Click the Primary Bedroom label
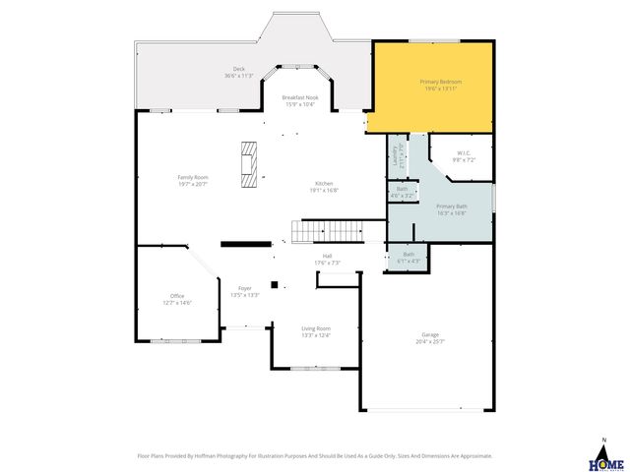coord(440,81)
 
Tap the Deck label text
coord(238,69)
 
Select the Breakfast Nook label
coord(298,97)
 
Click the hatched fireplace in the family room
coord(251,163)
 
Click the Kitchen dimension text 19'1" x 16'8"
coord(324,191)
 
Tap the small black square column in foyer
coord(275,284)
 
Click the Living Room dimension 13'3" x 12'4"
coord(316,335)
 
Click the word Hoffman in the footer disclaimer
coord(229,456)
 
